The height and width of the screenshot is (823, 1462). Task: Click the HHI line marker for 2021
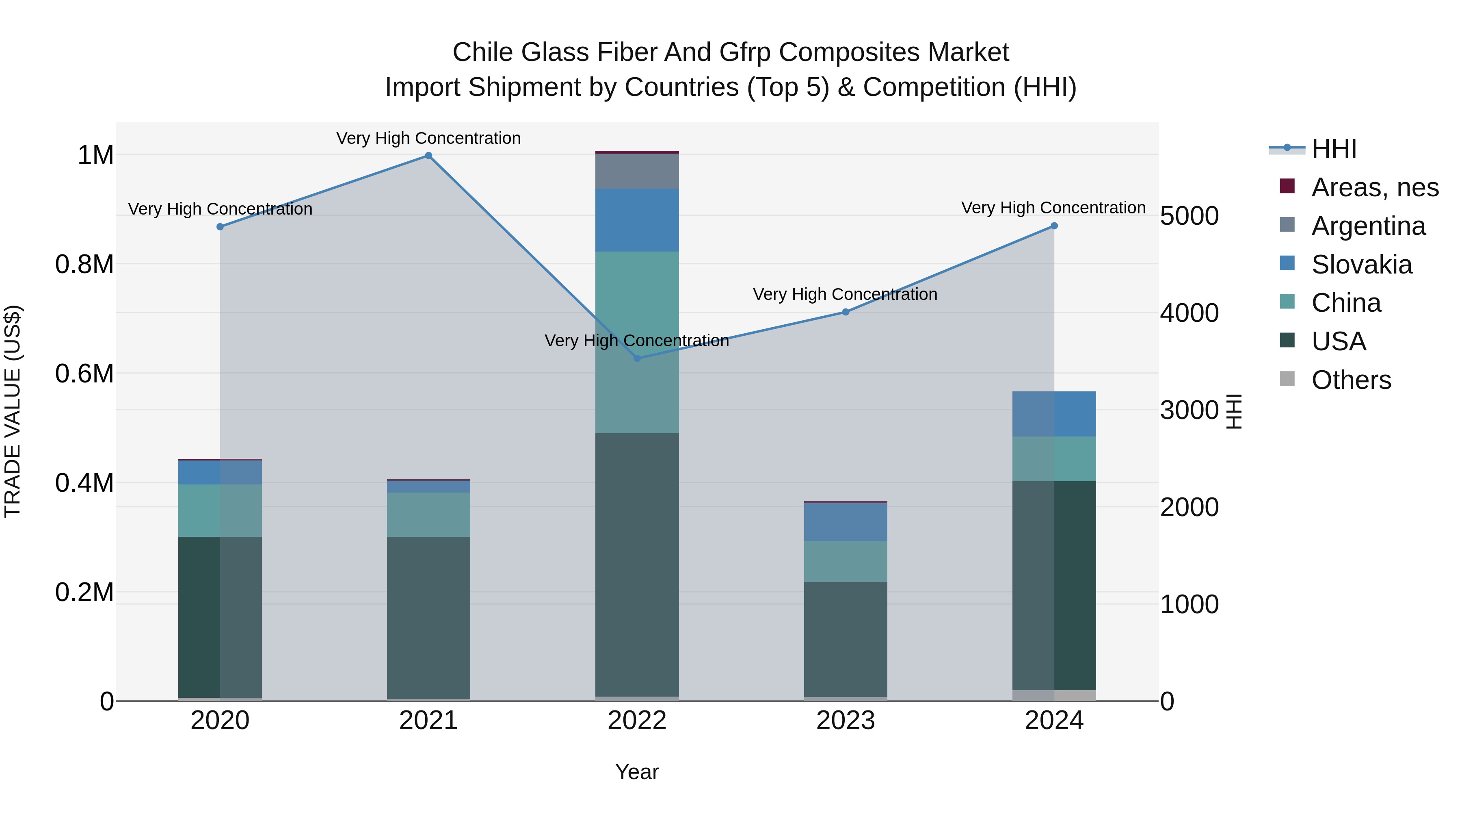pyautogui.click(x=428, y=156)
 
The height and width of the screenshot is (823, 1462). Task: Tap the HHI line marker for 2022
pyautogui.click(x=637, y=358)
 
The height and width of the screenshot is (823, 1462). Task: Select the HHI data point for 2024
pyautogui.click(x=1054, y=226)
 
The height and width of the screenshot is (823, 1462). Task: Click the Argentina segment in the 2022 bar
pyautogui.click(x=637, y=171)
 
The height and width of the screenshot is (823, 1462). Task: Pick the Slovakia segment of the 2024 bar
pyautogui.click(x=1054, y=414)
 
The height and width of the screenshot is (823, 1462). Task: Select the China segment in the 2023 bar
pyautogui.click(x=845, y=561)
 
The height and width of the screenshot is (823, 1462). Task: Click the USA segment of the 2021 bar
pyautogui.click(x=428, y=617)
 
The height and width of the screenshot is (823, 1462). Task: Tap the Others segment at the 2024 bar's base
pyautogui.click(x=1054, y=695)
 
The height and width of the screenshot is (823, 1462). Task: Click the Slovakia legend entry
pyautogui.click(x=1361, y=265)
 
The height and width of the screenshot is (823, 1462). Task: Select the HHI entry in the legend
pyautogui.click(x=1334, y=149)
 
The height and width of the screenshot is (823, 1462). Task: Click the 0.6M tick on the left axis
pyautogui.click(x=84, y=374)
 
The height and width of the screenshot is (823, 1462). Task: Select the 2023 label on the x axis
pyautogui.click(x=845, y=721)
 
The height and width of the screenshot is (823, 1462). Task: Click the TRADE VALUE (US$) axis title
pyautogui.click(x=13, y=411)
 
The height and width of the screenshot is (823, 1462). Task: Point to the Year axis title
pyautogui.click(x=637, y=772)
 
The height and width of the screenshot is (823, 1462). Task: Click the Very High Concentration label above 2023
pyautogui.click(x=845, y=294)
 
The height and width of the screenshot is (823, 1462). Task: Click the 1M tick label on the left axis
pyautogui.click(x=95, y=155)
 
